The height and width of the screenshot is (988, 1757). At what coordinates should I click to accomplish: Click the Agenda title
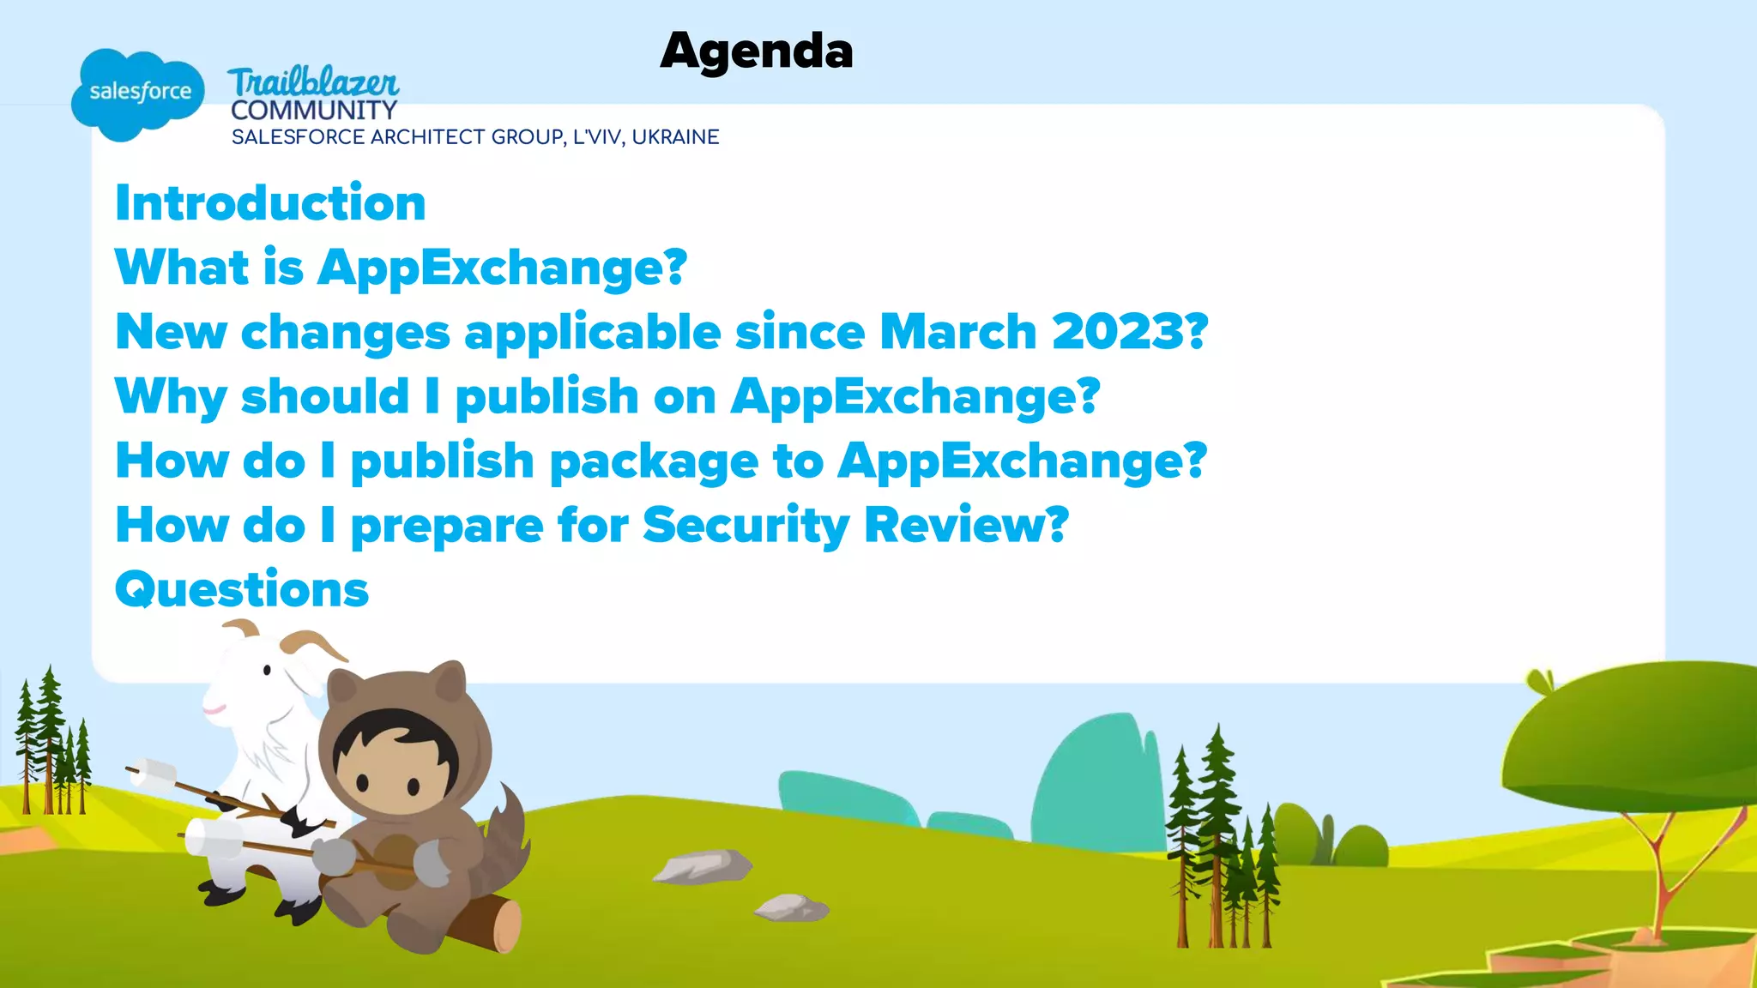tap(756, 51)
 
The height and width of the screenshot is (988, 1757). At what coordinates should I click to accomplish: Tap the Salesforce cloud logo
tap(138, 93)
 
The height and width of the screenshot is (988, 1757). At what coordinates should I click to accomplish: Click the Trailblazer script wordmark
tap(313, 82)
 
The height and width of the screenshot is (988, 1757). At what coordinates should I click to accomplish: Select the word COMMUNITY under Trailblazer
tap(313, 111)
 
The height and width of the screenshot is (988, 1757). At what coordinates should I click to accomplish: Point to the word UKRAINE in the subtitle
tap(675, 137)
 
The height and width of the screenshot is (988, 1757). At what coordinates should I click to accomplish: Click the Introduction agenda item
tap(270, 203)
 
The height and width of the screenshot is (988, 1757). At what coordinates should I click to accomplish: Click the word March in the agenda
tap(958, 332)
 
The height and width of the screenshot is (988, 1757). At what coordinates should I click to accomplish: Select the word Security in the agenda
tap(746, 525)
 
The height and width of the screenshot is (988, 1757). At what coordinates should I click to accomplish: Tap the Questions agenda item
tap(242, 590)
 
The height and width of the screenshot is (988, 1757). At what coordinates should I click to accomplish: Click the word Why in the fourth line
tap(171, 397)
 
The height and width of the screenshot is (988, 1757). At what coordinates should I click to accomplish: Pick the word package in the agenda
tap(654, 462)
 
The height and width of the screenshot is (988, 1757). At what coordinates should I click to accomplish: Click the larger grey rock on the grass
tap(703, 865)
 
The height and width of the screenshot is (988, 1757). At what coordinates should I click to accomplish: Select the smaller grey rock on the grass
tap(791, 907)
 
